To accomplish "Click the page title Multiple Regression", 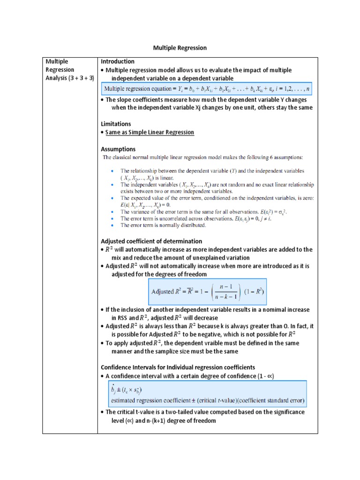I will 180,48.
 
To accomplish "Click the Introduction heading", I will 118,61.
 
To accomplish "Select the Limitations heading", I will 116,124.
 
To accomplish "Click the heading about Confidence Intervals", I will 178,367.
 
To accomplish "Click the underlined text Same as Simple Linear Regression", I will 150,133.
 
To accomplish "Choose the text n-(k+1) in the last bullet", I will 156,420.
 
